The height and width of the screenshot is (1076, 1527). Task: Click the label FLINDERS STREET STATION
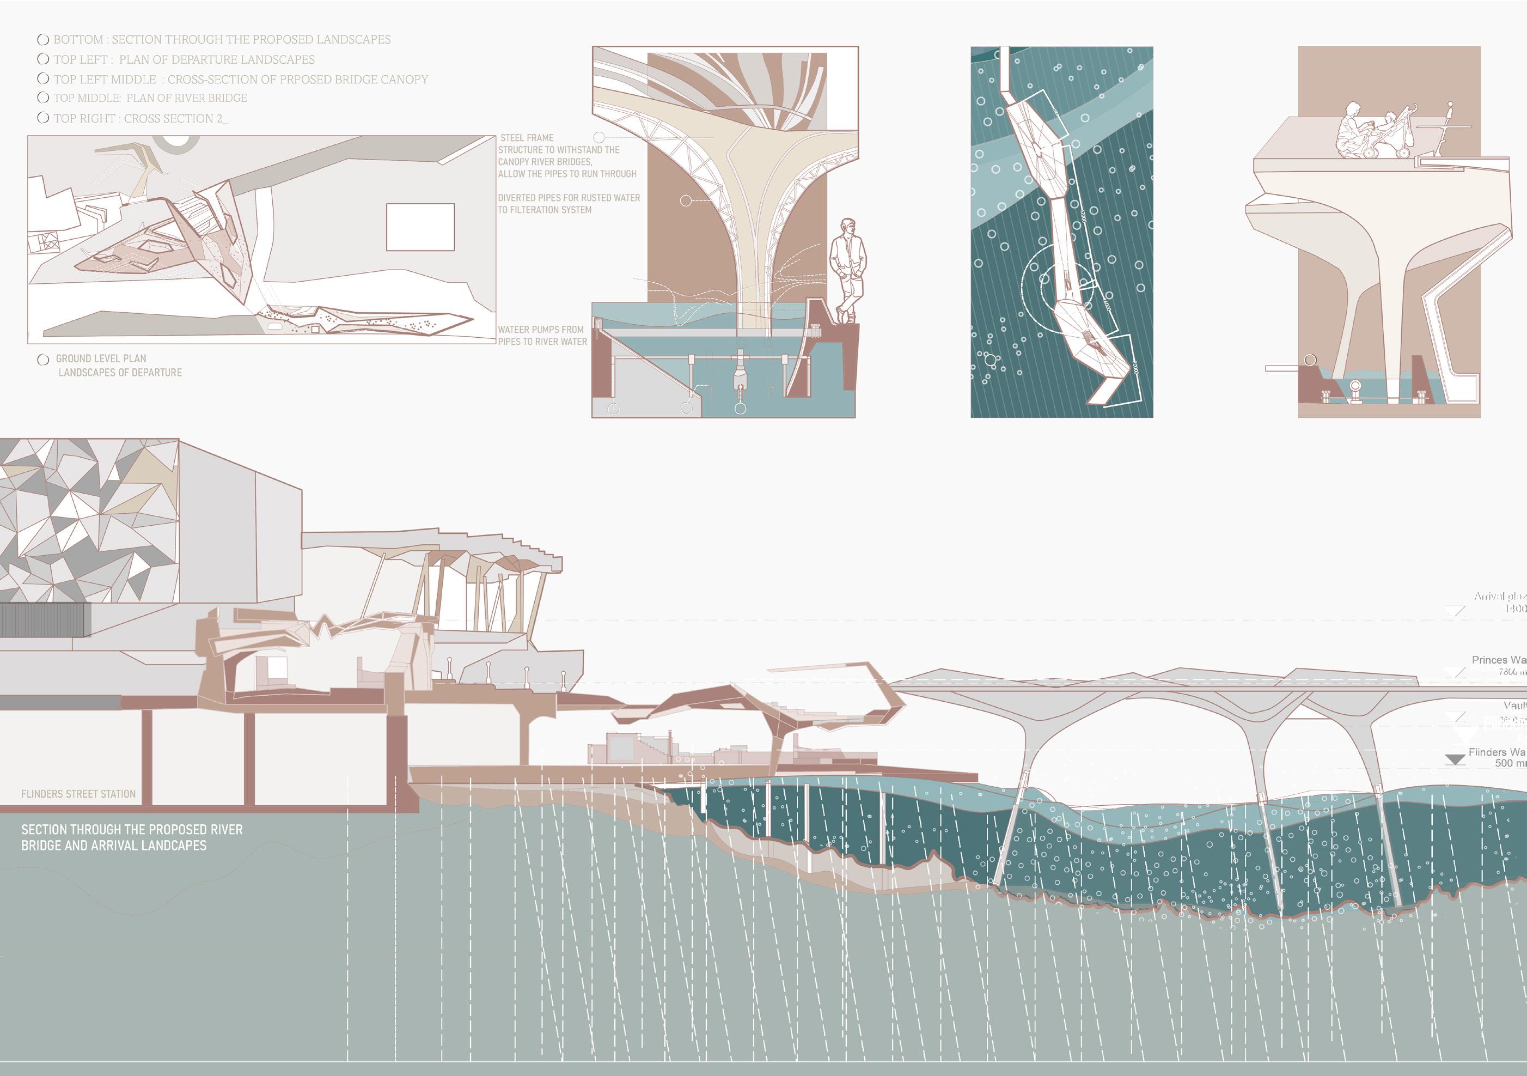coord(78,794)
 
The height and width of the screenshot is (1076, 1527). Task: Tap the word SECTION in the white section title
coord(44,830)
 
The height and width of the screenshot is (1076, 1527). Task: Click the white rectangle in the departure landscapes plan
coord(420,227)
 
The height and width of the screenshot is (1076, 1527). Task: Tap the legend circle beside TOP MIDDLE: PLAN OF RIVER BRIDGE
coord(43,98)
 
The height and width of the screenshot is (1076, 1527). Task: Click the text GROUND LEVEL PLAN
coord(101,358)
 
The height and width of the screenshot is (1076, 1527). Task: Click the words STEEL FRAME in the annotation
coord(527,138)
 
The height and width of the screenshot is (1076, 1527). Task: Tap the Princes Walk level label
coord(1498,660)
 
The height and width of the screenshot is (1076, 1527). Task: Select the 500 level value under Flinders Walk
coord(1504,763)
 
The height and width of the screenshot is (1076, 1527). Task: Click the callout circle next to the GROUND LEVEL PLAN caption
coord(43,360)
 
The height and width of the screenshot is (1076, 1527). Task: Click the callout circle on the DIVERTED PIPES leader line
coord(686,200)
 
